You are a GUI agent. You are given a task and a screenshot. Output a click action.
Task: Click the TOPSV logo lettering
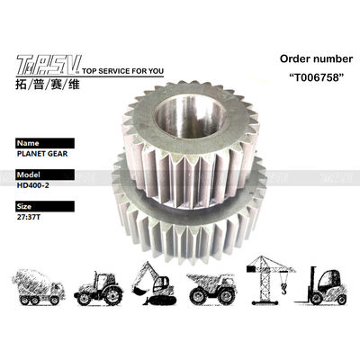click(x=49, y=65)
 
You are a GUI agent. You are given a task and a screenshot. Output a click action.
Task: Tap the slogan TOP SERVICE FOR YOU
click(x=122, y=71)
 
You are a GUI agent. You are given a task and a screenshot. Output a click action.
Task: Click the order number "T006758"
click(x=316, y=77)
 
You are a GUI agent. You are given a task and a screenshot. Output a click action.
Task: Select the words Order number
click(x=316, y=58)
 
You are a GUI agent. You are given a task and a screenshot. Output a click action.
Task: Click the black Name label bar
click(x=45, y=143)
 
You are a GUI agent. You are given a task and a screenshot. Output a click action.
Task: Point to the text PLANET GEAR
click(x=42, y=154)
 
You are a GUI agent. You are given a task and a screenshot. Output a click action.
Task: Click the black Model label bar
click(x=45, y=175)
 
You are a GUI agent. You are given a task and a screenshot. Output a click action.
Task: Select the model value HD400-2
click(x=33, y=185)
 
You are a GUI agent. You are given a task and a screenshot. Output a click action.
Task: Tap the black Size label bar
click(x=45, y=206)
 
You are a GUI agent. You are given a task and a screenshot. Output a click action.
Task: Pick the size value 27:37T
click(x=29, y=217)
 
